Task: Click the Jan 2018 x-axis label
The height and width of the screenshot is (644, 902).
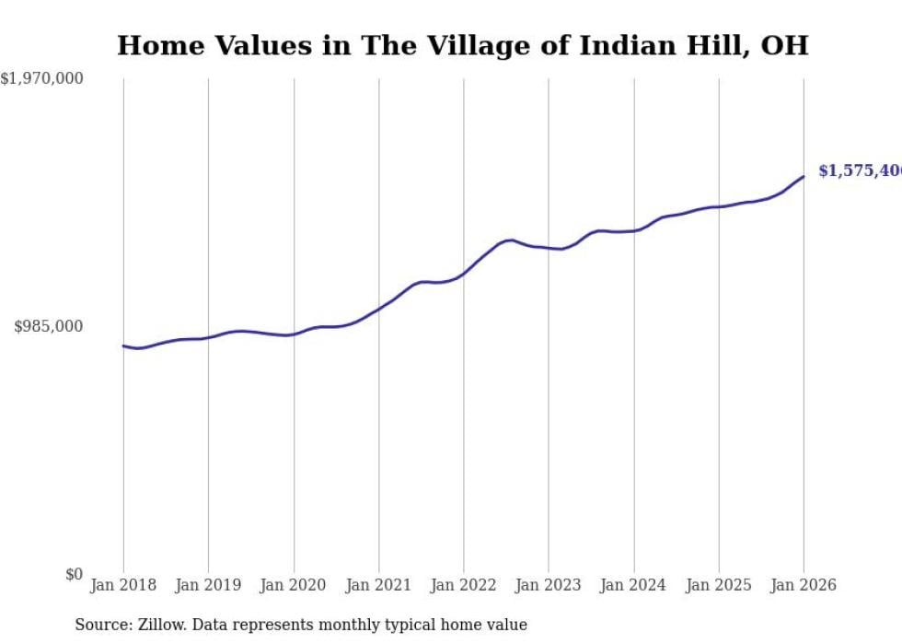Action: [123, 585]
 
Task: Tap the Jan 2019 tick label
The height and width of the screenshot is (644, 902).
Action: [208, 585]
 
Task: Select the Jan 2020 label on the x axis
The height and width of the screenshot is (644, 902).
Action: [294, 585]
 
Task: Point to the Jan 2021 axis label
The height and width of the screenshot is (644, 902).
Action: [378, 585]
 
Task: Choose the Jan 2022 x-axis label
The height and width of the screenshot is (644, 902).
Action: [463, 585]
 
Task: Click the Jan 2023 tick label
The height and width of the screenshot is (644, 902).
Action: [549, 585]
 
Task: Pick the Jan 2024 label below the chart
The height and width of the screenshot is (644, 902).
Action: [633, 585]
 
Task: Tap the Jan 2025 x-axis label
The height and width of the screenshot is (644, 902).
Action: [719, 585]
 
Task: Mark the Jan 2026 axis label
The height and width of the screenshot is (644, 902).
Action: [804, 585]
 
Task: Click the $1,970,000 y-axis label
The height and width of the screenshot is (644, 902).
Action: [41, 79]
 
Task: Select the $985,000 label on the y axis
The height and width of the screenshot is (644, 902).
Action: [49, 326]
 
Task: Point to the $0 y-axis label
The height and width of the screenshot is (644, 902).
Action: [74, 574]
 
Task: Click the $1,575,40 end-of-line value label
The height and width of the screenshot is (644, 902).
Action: [859, 171]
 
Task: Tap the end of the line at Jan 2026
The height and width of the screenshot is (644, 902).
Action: [804, 176]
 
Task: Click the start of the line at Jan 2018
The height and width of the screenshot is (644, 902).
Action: [123, 345]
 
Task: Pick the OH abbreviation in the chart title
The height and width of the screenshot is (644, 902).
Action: [786, 45]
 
